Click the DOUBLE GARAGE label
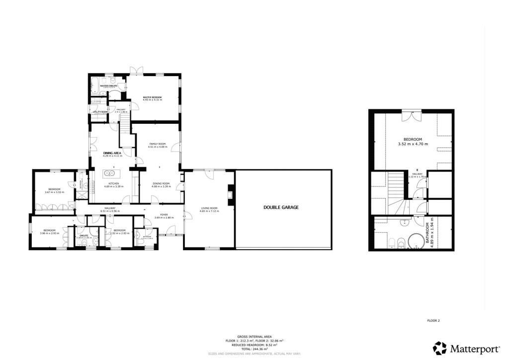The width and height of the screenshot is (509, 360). coord(281,207)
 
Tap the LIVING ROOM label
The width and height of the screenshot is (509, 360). coord(209,208)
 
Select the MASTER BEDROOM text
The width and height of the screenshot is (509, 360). coord(153,97)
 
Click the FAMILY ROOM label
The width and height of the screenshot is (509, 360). coord(157,144)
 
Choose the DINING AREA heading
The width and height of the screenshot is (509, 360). coord(112,153)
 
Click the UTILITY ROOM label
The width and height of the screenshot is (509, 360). coord(100,112)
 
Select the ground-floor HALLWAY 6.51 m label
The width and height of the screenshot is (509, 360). coord(110,208)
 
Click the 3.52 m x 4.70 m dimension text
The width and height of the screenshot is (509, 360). coord(413,144)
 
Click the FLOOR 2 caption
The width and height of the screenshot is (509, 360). coord(433,321)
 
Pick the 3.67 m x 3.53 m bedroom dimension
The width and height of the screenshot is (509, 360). coord(54,192)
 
